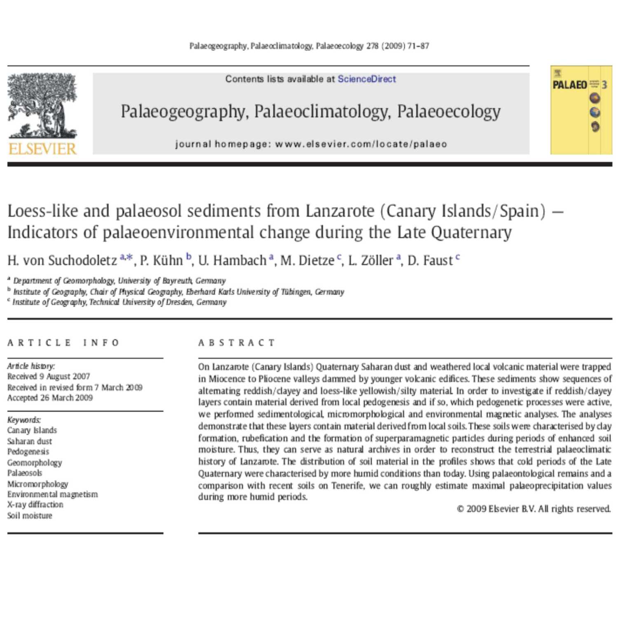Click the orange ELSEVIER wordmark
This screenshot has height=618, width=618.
[42, 148]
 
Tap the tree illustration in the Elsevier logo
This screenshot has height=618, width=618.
[42, 105]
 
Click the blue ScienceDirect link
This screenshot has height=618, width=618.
[367, 79]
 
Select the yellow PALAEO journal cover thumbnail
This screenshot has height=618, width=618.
[581, 110]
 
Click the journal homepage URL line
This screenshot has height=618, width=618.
[311, 144]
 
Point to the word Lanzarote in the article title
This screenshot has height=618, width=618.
[340, 211]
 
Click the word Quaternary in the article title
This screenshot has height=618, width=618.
[471, 232]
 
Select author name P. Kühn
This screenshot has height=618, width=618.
[162, 260]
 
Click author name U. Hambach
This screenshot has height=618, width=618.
[232, 260]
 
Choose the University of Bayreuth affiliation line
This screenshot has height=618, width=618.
[119, 281]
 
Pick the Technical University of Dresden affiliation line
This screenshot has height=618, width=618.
[119, 302]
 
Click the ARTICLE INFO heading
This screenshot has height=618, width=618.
[63, 343]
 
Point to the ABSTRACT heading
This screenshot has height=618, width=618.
[236, 343]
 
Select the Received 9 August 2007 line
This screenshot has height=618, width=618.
[49, 377]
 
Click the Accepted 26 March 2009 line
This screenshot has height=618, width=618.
[50, 398]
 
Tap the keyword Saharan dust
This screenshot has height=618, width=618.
[30, 441]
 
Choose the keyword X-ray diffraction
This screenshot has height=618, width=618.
[35, 505]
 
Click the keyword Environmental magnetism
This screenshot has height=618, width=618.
[52, 494]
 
